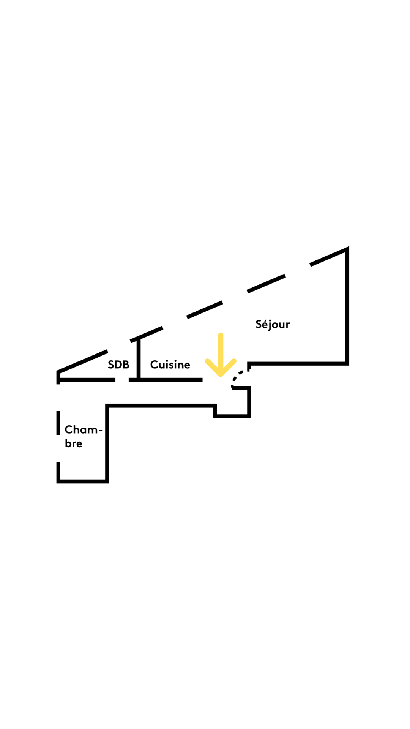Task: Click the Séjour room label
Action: [272, 324]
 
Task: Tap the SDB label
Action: [118, 364]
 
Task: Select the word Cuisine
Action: [170, 364]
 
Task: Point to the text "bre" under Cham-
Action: [73, 443]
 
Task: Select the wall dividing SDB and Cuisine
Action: [139, 359]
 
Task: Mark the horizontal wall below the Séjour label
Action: [298, 363]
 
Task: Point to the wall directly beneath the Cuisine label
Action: [171, 379]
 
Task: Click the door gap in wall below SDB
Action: [122, 379]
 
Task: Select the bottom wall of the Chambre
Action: [82, 481]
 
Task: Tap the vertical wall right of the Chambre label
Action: [107, 443]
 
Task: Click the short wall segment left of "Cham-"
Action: [58, 423]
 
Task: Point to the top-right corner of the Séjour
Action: [347, 249]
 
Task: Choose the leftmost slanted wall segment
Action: [82, 360]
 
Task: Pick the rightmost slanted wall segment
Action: [329, 256]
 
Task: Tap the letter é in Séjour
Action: [264, 325]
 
